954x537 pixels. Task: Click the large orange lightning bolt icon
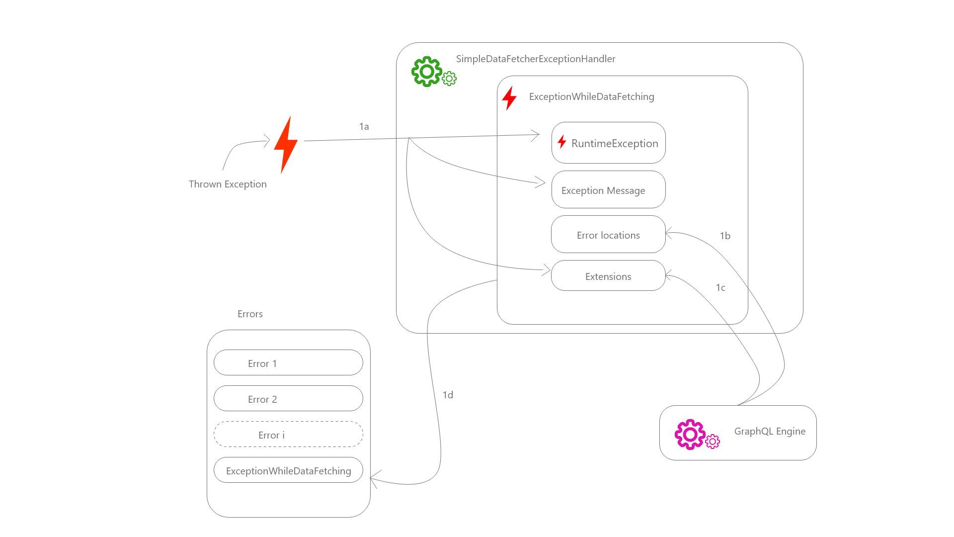(286, 144)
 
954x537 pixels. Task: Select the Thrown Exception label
(228, 184)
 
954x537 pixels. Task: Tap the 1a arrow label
(364, 126)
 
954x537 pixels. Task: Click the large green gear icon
(426, 72)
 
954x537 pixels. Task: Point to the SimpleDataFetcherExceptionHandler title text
(535, 59)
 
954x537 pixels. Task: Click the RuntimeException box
(608, 143)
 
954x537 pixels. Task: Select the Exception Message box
(608, 190)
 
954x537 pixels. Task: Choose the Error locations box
(608, 235)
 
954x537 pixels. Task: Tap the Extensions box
(608, 276)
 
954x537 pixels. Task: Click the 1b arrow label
(725, 236)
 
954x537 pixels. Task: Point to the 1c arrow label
(720, 287)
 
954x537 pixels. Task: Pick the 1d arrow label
(448, 395)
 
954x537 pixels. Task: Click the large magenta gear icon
(690, 434)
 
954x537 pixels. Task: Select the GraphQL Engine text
(770, 431)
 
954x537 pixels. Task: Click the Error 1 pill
(288, 363)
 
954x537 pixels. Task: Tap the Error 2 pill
(288, 399)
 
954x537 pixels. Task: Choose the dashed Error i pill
(288, 435)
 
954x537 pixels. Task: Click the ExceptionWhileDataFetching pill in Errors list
(288, 470)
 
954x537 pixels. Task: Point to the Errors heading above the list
(250, 314)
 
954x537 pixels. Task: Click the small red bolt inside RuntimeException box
(562, 142)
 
